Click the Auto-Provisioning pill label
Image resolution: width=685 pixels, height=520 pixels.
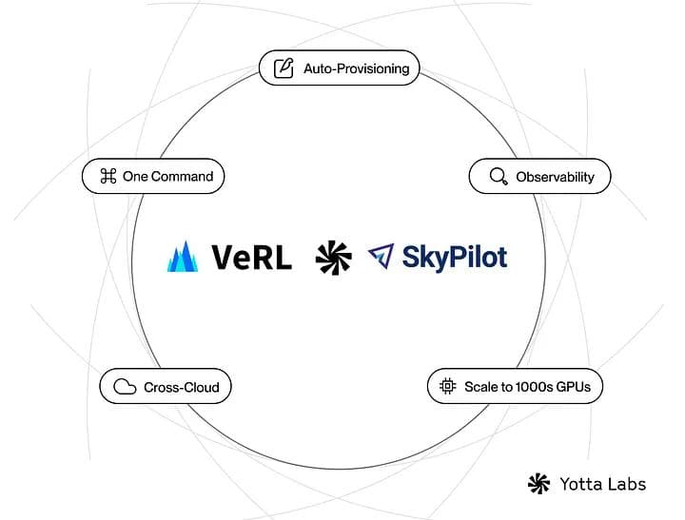tap(356, 68)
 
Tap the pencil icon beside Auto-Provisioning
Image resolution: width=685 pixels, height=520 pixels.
tap(283, 68)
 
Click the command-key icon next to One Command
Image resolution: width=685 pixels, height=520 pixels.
tap(108, 176)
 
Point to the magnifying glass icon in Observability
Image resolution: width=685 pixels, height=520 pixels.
tap(498, 177)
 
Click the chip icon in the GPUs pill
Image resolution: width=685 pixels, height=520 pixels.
tap(447, 387)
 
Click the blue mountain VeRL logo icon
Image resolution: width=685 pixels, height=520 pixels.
tap(183, 257)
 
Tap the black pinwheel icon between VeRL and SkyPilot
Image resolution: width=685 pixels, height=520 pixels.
tap(334, 257)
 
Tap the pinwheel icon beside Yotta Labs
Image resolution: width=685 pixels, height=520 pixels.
tap(538, 484)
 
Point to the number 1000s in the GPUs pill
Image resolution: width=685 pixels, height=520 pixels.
tap(528, 387)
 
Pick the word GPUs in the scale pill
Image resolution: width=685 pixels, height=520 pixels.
tap(575, 387)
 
